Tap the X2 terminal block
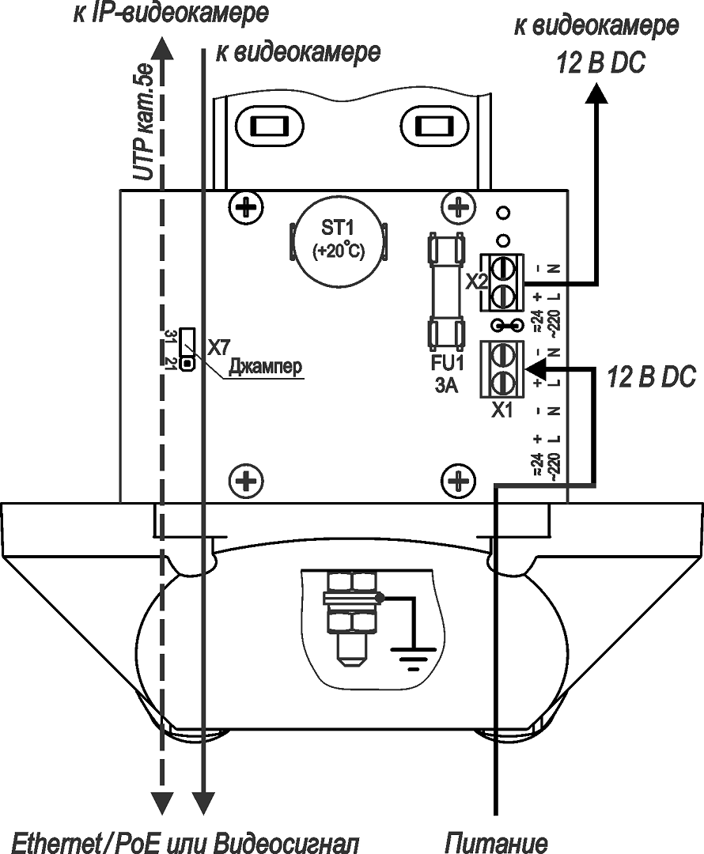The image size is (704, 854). click(x=503, y=282)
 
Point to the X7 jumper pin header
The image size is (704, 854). click(x=187, y=350)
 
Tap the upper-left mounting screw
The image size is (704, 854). click(x=246, y=209)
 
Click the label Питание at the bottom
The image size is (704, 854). click(x=497, y=841)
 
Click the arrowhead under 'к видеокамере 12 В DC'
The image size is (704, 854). click(x=596, y=93)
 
